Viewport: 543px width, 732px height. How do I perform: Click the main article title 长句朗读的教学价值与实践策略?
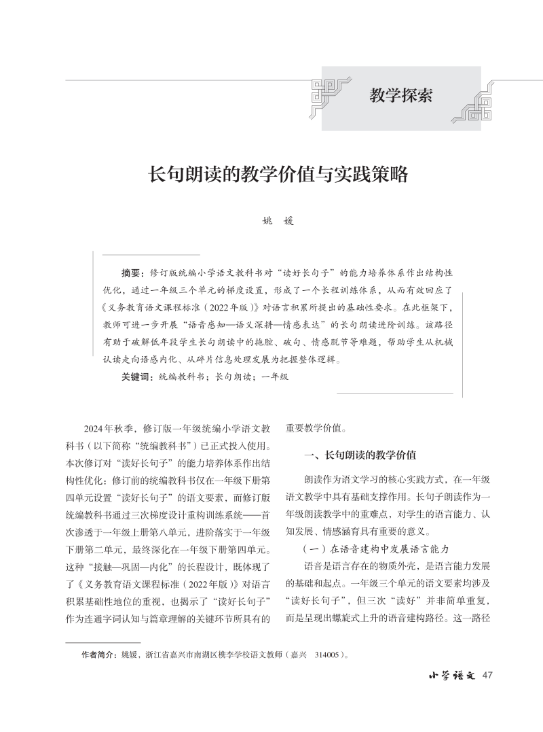[278, 175]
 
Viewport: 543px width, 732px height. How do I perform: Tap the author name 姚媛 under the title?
[278, 221]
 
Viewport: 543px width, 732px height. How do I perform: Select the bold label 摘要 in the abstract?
[132, 273]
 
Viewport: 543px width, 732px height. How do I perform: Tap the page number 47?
[486, 675]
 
